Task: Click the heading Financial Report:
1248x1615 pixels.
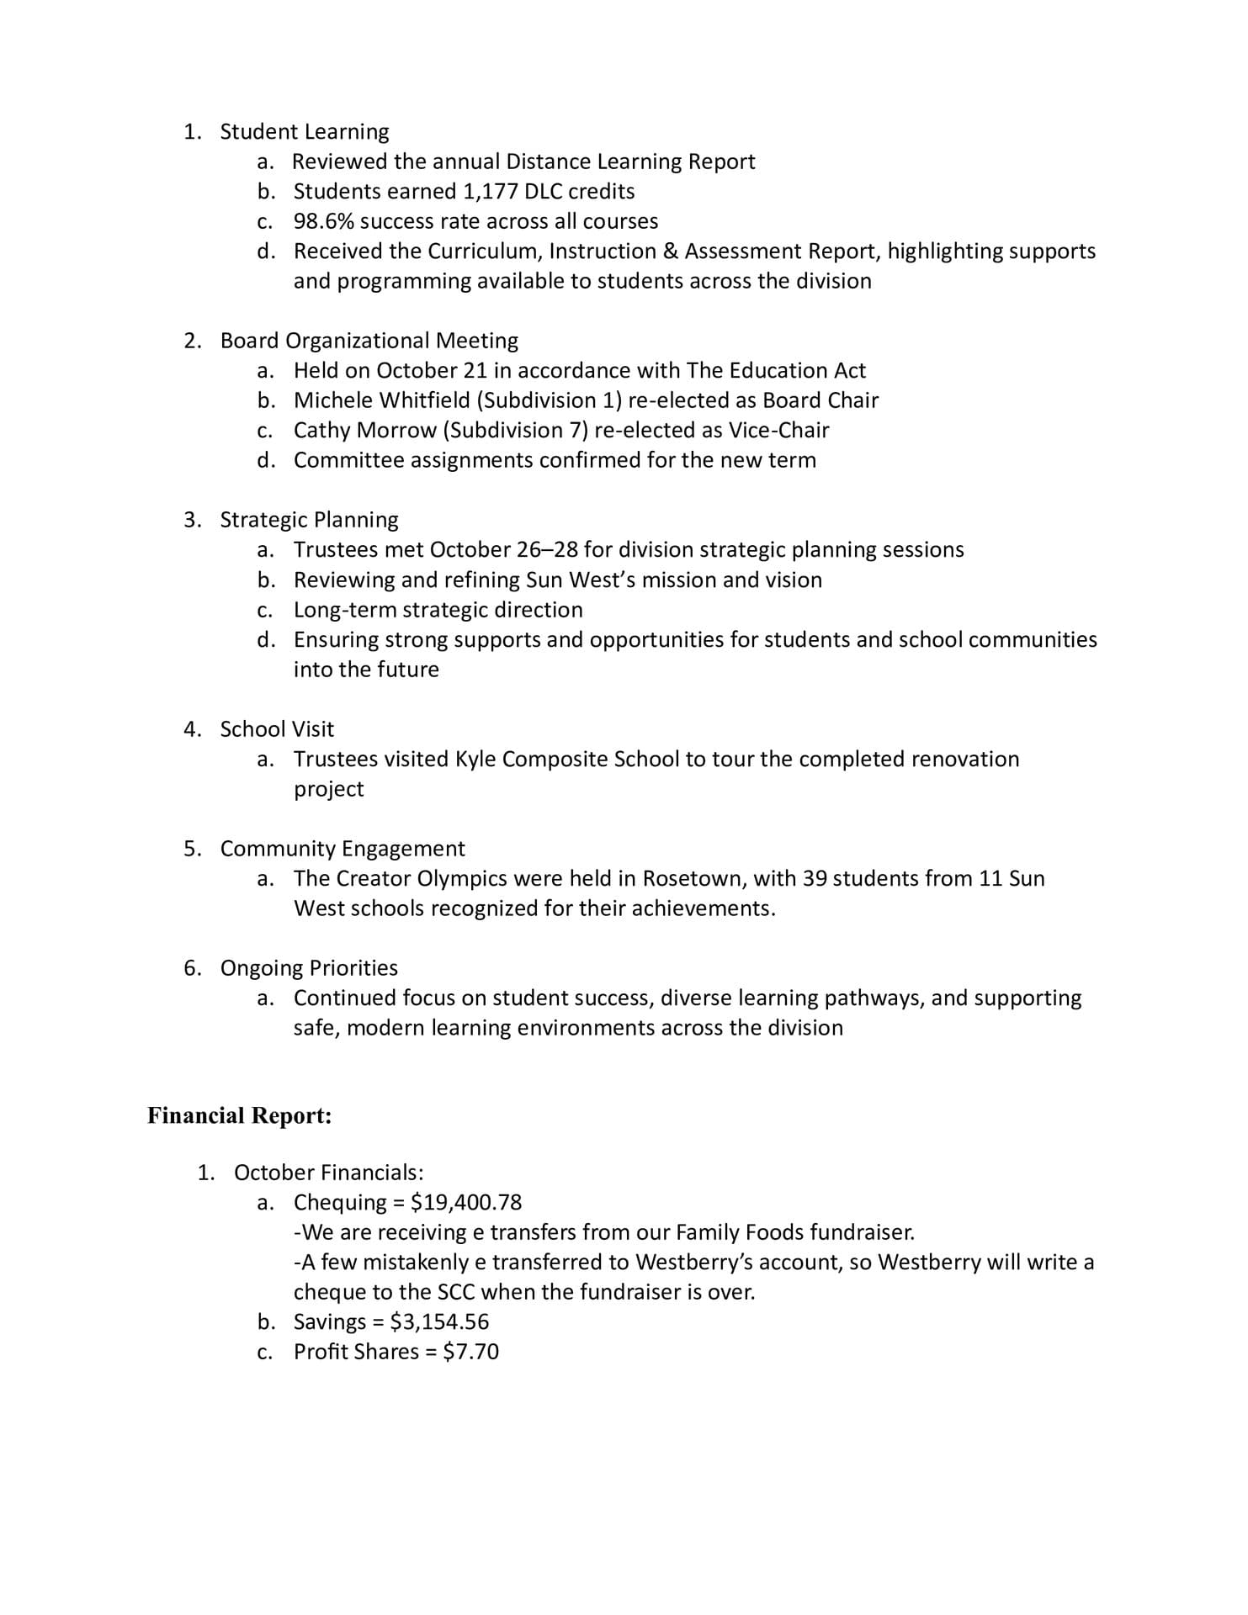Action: [x=240, y=1115]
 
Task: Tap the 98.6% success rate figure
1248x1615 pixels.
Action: [x=323, y=222]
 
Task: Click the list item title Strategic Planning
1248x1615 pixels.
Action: [x=309, y=520]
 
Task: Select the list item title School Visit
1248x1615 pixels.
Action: [x=277, y=729]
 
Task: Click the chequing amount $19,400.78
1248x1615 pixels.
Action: [x=466, y=1203]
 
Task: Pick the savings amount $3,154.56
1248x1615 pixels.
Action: [x=439, y=1322]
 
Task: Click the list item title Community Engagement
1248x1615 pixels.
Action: [x=343, y=849]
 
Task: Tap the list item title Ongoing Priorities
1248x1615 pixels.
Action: [x=309, y=968]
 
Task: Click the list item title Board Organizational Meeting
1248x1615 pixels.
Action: [x=369, y=341]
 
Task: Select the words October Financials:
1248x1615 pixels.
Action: [x=329, y=1173]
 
